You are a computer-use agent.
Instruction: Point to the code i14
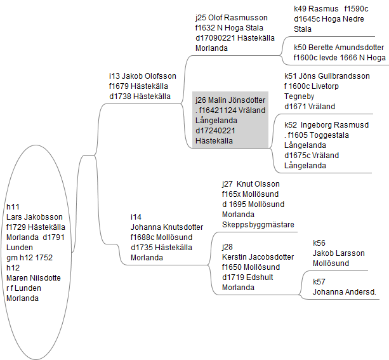136,217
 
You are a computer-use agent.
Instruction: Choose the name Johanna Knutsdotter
167,227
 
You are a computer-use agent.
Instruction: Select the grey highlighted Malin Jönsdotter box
230,121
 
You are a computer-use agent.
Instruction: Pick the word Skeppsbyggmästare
258,225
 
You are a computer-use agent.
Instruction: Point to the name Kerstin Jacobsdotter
258,257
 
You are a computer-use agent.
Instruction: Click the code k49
301,9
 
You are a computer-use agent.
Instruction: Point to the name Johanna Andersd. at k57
345,293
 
